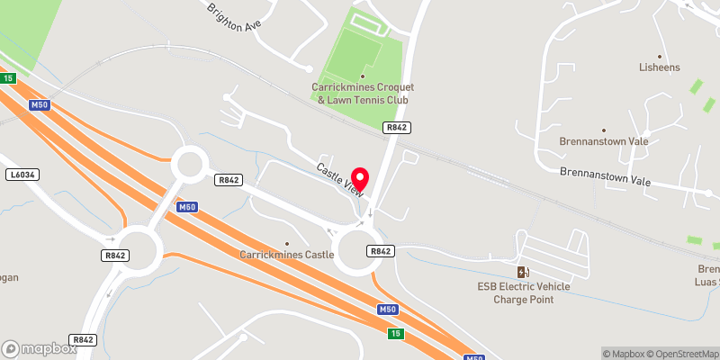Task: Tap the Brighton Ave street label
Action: click(238, 17)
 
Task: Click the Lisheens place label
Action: click(660, 67)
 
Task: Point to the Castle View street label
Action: click(339, 179)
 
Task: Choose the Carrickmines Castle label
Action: click(287, 255)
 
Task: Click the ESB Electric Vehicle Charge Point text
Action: click(523, 292)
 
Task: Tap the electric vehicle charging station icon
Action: click(522, 272)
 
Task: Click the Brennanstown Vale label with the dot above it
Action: click(603, 142)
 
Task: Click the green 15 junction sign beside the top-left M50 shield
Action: click(8, 79)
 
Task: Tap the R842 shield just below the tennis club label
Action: click(394, 129)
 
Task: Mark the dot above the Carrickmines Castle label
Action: click(287, 243)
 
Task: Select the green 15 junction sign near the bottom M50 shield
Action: click(397, 333)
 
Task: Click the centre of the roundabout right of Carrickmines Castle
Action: click(363, 251)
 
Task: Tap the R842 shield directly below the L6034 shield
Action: click(114, 256)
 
